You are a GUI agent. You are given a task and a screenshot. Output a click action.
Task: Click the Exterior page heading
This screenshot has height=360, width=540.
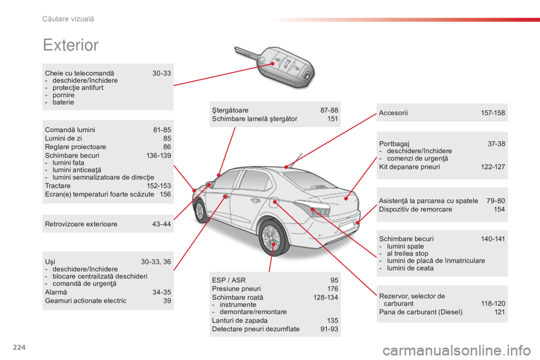tap(70, 45)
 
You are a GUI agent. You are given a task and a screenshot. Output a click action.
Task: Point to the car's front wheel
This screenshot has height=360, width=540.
tap(199, 210)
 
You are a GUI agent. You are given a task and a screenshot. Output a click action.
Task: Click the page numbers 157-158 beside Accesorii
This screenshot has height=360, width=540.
tap(493, 113)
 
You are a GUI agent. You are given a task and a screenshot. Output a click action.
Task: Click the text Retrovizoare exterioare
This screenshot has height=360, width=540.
tap(81, 224)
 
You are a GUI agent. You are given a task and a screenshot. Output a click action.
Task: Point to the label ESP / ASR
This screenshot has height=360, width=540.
tap(229, 280)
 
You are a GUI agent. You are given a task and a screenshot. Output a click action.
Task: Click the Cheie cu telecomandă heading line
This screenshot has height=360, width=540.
tap(79, 73)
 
